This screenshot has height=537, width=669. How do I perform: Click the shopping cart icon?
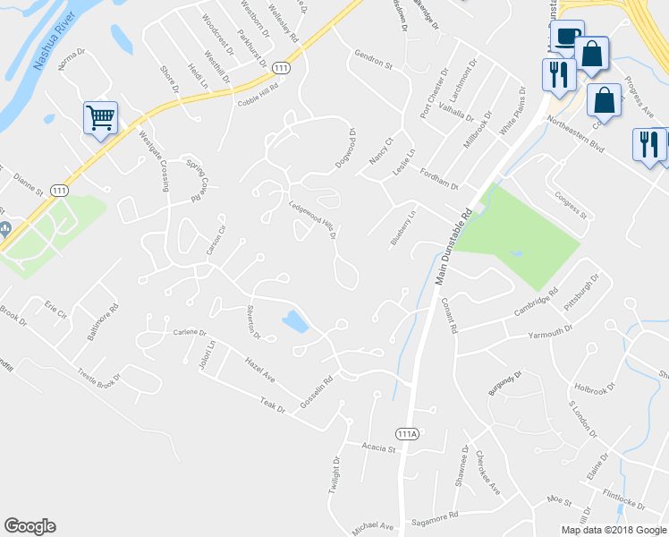pyautogui.click(x=100, y=117)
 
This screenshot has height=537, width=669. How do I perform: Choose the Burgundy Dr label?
pyautogui.click(x=504, y=379)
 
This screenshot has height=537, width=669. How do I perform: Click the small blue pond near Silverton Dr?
pyautogui.click(x=296, y=321)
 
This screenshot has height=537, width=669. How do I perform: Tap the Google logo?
pyautogui.click(x=30, y=526)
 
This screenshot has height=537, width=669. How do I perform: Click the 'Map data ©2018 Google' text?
pyautogui.click(x=613, y=530)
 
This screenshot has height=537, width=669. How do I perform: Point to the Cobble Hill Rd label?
pyautogui.click(x=258, y=96)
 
